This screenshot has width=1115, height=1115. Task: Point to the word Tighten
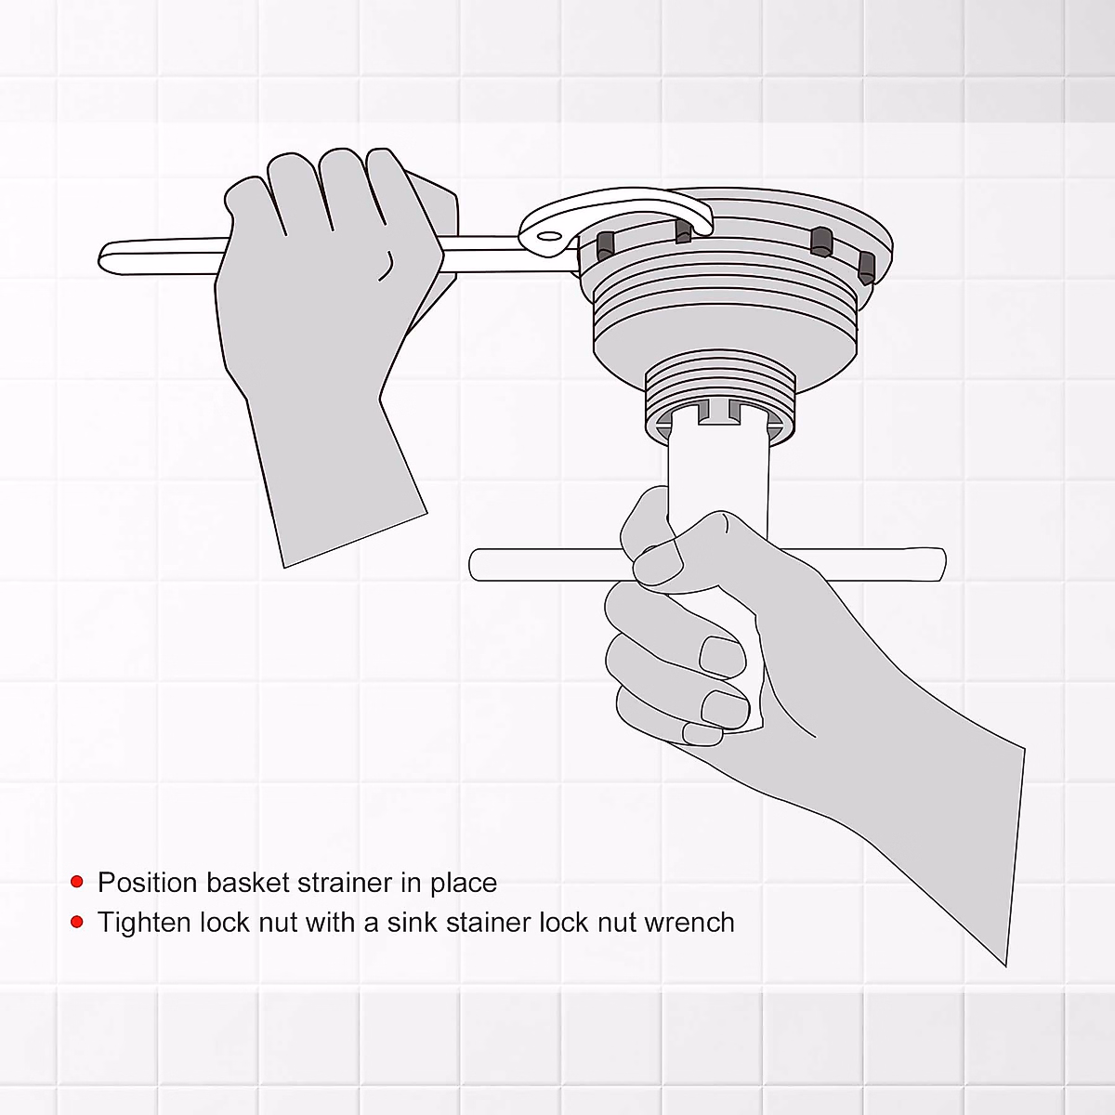144,923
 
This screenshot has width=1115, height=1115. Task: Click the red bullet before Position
77,882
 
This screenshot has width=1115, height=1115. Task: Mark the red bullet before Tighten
77,922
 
